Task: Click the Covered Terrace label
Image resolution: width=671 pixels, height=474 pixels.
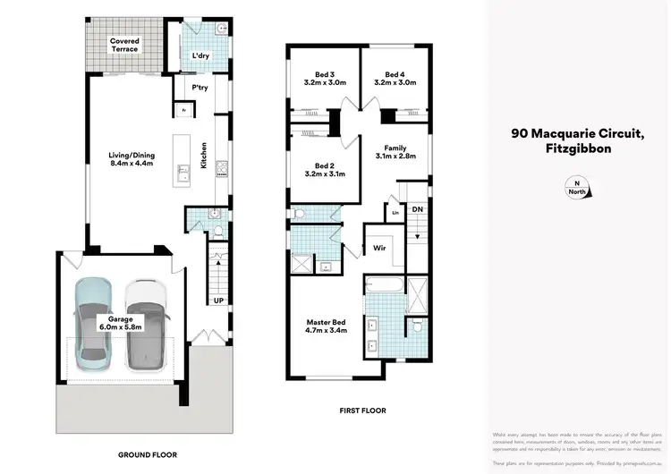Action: tap(124, 45)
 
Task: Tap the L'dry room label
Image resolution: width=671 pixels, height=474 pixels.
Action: tap(201, 56)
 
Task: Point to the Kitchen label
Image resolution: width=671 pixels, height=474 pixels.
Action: tap(204, 157)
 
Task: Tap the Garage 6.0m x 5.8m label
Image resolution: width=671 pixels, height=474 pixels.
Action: tap(121, 324)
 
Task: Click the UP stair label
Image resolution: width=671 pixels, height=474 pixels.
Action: tap(217, 300)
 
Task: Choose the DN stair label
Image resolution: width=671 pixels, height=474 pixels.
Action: tap(417, 209)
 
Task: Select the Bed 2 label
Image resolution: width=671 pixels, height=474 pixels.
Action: tap(324, 171)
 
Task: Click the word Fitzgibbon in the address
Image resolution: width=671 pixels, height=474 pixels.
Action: tap(578, 149)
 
